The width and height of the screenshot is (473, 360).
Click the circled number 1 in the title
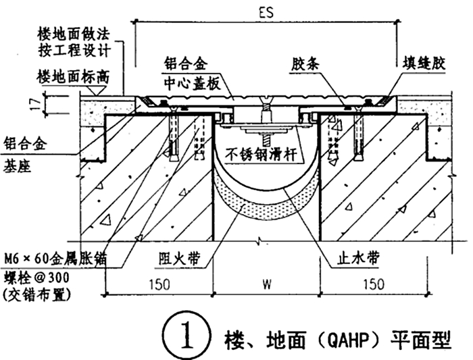[x=180, y=335]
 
